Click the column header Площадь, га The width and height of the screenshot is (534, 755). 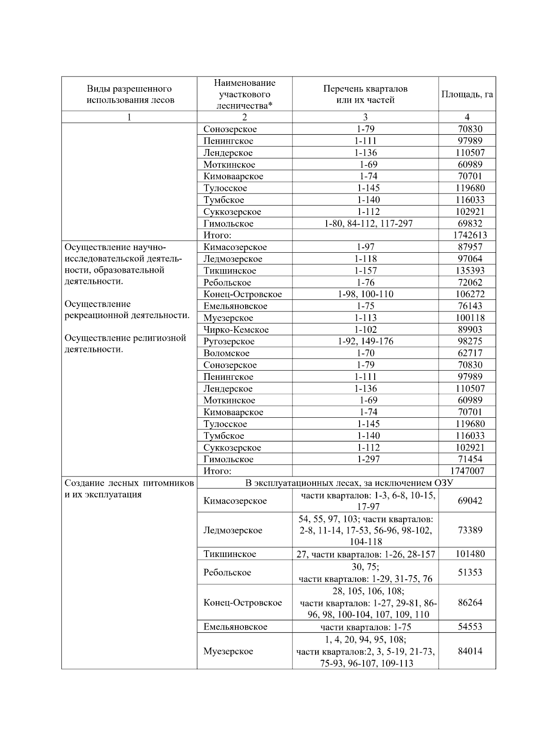coord(467,94)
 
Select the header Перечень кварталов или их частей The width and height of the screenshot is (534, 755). coord(365,94)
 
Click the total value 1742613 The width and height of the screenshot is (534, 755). coord(467,235)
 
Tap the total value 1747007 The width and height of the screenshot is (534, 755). coord(467,471)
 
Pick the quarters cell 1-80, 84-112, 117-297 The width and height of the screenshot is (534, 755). coord(368,224)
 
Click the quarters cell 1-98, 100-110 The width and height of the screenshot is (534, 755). coord(365,295)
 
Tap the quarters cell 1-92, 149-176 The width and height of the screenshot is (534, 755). coord(365,342)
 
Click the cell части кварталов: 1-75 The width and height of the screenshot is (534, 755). coord(365,627)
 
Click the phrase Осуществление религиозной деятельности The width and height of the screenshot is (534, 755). coord(125,344)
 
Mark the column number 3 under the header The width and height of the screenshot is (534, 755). coord(365,117)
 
